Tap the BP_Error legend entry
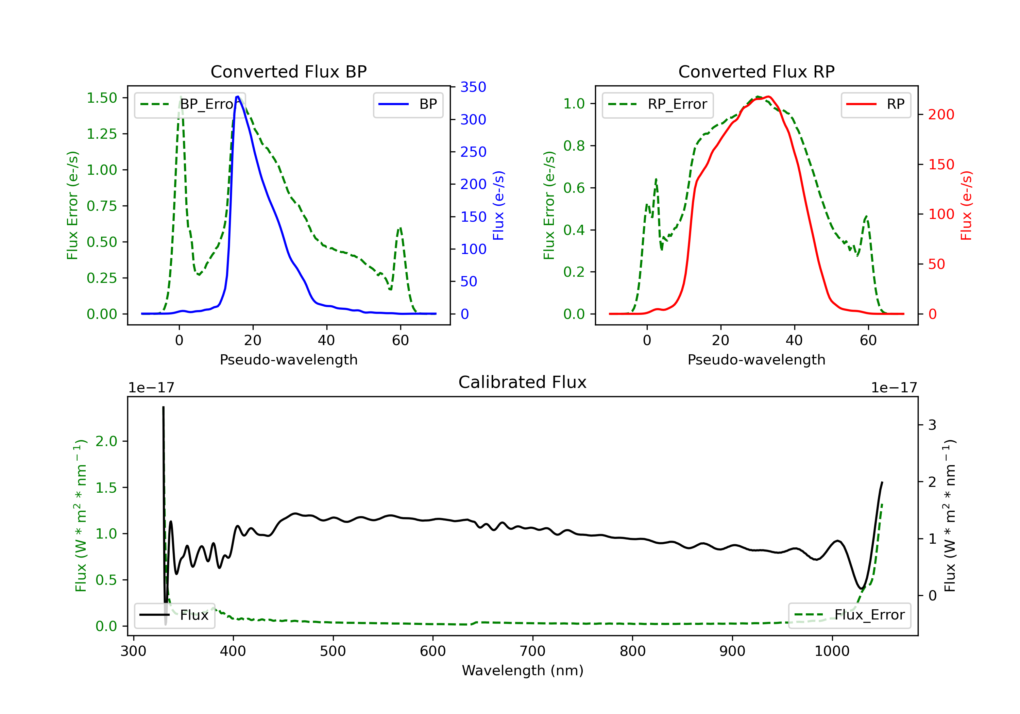coord(190,104)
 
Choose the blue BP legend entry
coord(408,104)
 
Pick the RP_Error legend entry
coord(658,104)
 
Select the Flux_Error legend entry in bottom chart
coord(849,615)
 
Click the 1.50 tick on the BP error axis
coord(102,98)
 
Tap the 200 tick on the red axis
coord(941,115)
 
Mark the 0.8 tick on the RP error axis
coord(574,146)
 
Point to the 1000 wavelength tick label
coord(832,651)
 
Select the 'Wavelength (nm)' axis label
coord(523,670)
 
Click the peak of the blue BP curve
coord(238,97)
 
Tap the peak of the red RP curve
coord(768,97)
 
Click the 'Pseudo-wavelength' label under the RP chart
coord(756,359)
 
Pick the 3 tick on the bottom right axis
coord(932,425)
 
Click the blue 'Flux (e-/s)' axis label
coord(499,205)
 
